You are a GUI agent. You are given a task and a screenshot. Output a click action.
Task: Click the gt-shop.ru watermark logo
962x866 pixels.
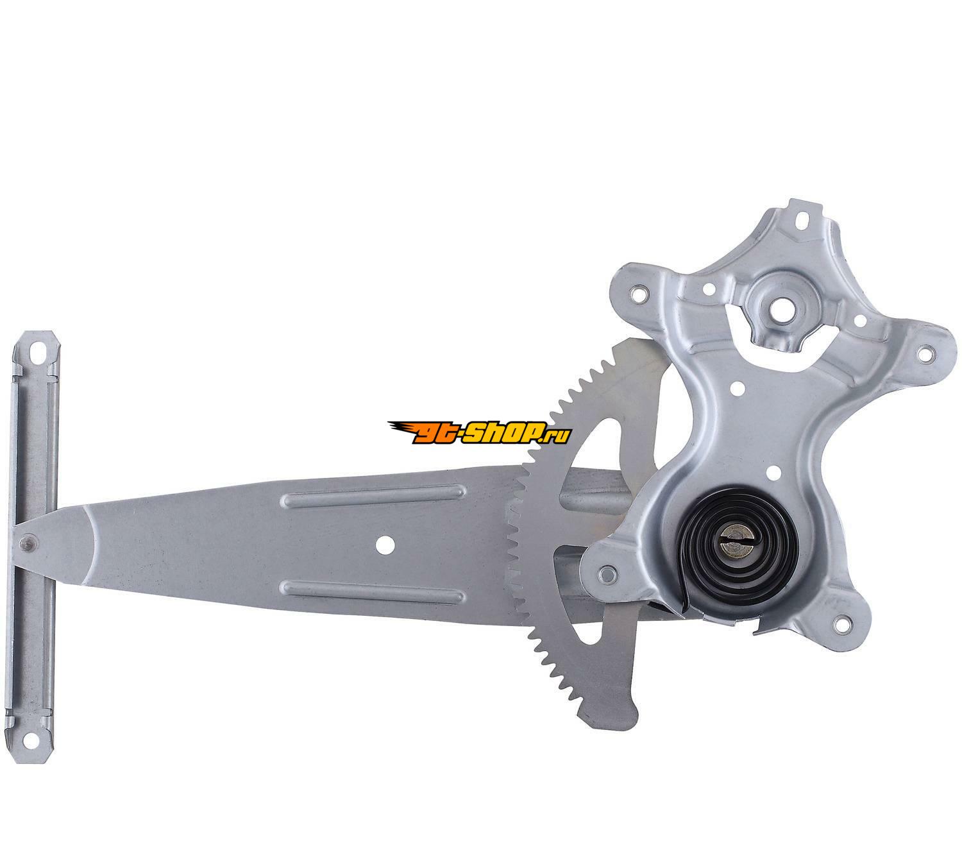(479, 433)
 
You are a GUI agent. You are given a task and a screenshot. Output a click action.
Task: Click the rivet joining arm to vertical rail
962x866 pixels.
(25, 542)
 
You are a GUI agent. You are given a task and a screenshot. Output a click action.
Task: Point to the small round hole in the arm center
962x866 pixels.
(385, 545)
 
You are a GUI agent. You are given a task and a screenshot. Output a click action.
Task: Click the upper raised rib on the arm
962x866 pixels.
(373, 494)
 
